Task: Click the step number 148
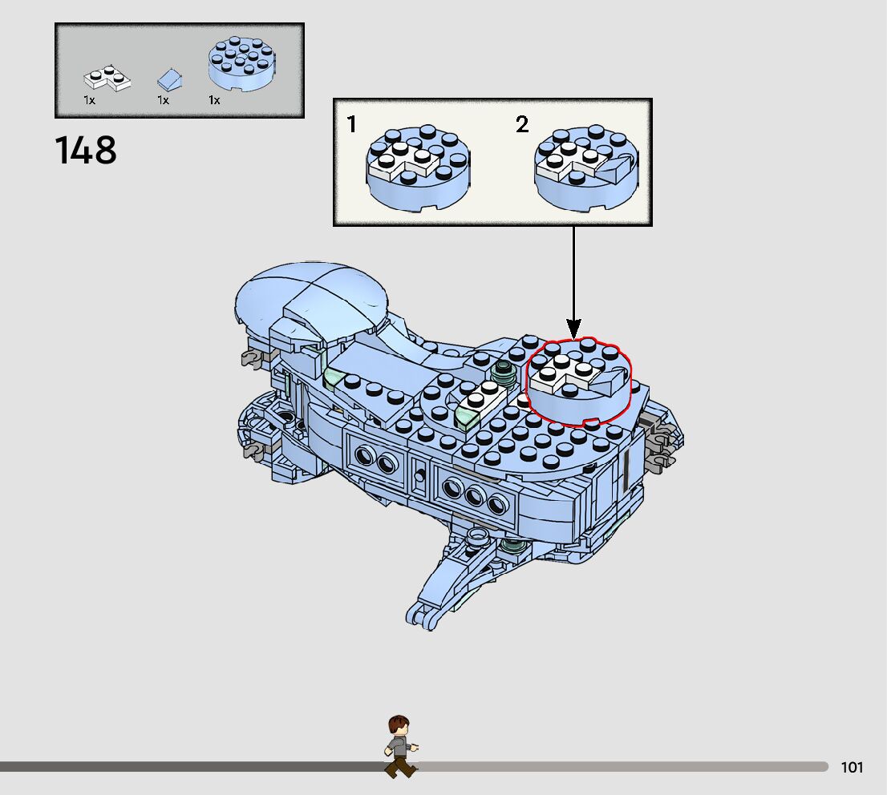pos(86,150)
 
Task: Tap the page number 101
pos(852,768)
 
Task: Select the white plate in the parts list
pos(107,79)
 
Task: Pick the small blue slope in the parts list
pos(169,79)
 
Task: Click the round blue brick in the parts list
pos(239,66)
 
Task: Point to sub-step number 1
pos(352,124)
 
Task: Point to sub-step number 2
pos(522,124)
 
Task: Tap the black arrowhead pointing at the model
pos(573,328)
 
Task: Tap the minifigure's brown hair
pos(398,723)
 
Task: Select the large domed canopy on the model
pos(314,293)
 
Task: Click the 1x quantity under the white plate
pos(89,101)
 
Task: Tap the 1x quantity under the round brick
pos(214,101)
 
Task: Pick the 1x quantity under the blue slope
pos(163,101)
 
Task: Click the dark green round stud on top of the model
pos(504,370)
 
